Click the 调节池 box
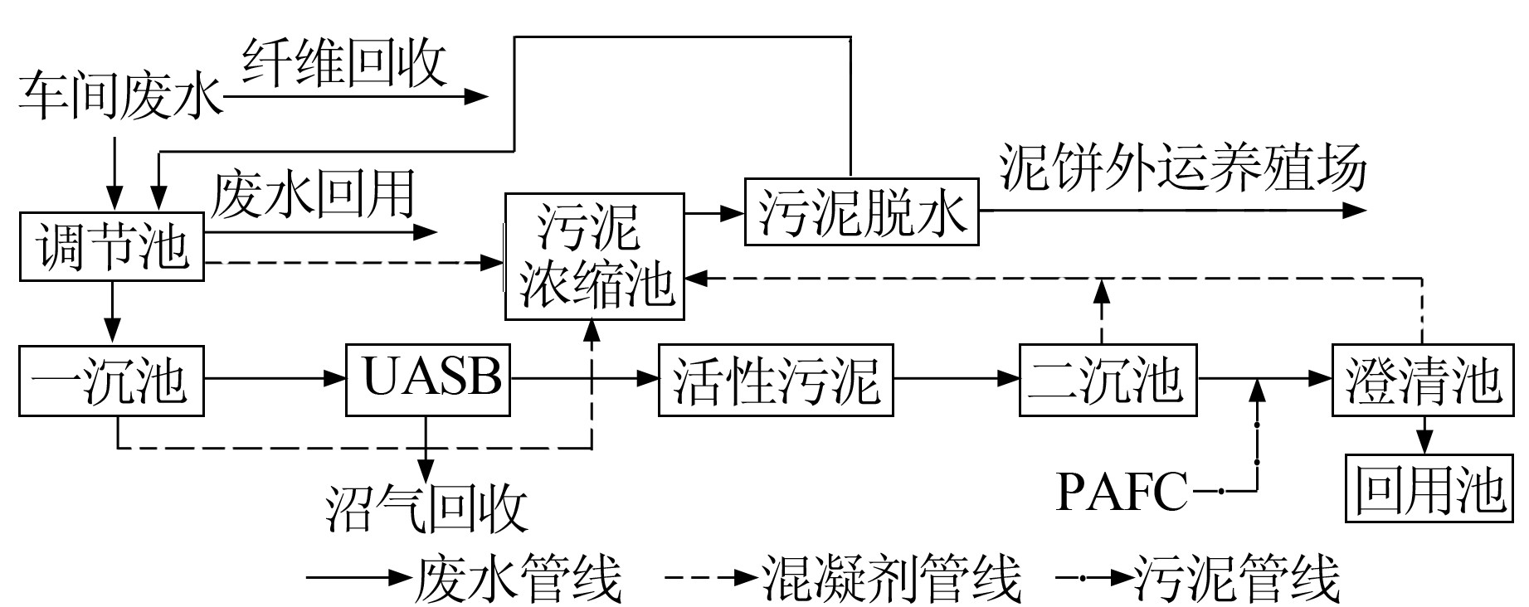point(112,247)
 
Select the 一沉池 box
point(112,381)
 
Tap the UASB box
point(428,379)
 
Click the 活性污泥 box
point(776,381)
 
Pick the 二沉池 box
point(1108,381)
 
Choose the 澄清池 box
point(1423,381)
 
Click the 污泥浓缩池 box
point(595,256)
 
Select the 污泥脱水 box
point(861,211)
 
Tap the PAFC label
point(1122,492)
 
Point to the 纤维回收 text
point(345,62)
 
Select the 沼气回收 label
point(428,507)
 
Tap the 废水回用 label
point(314,196)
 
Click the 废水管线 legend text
point(518,578)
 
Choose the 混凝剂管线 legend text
point(891,578)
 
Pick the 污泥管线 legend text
point(1236,578)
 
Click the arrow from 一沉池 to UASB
point(275,379)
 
